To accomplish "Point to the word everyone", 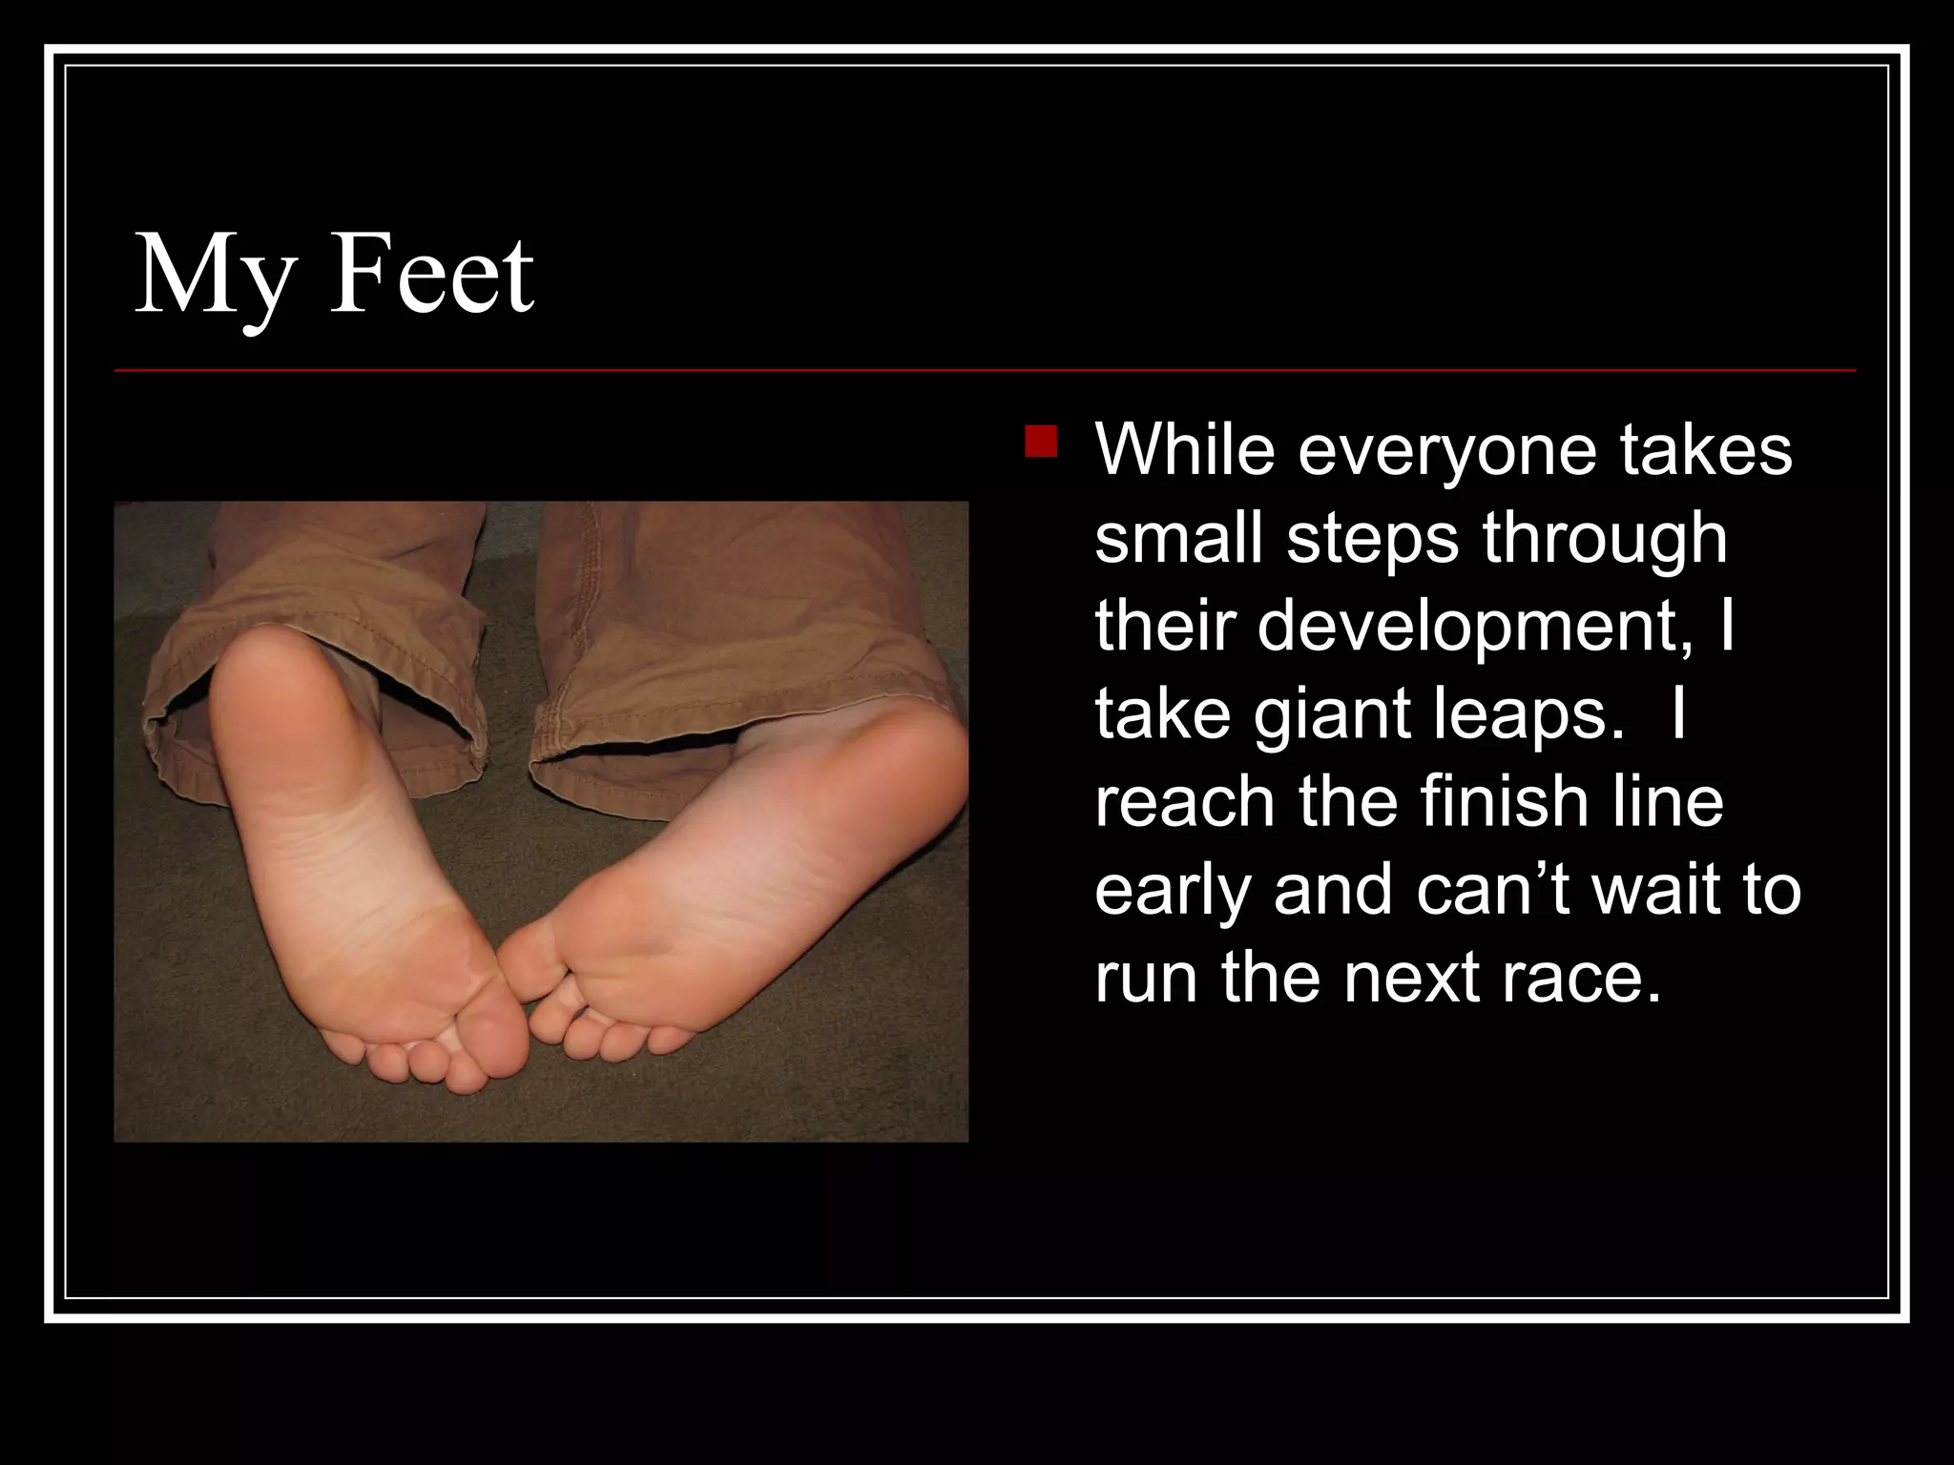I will [1446, 451].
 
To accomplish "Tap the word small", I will [1179, 538].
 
